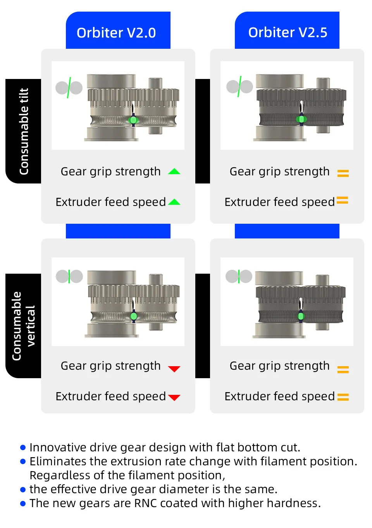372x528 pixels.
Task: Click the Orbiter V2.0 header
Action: tap(116, 33)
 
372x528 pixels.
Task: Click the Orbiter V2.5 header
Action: tap(288, 33)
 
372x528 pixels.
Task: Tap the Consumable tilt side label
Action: tap(24, 131)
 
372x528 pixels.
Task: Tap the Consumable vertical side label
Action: tap(24, 326)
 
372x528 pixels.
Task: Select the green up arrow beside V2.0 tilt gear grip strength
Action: tap(174, 171)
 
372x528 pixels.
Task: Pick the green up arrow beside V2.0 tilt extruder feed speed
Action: tap(174, 202)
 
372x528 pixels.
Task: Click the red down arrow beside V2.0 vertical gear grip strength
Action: tap(174, 369)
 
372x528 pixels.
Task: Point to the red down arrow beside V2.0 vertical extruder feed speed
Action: tap(174, 397)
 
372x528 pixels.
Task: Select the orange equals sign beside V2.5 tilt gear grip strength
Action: tap(343, 173)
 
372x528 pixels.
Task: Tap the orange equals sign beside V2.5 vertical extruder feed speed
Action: tap(343, 397)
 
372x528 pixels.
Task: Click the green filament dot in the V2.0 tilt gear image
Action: tap(133, 120)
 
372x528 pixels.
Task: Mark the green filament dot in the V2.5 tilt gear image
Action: tap(301, 119)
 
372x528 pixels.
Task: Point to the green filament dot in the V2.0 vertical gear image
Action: tap(134, 316)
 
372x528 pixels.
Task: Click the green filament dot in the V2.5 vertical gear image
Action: tap(301, 316)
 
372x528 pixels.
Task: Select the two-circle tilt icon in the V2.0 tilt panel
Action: tap(69, 88)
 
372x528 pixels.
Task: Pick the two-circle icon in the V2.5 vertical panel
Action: tap(239, 276)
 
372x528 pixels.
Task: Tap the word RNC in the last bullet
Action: tap(145, 503)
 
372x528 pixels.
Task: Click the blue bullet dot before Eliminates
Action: tap(23, 461)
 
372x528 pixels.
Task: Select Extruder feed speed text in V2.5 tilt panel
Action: tap(279, 202)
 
